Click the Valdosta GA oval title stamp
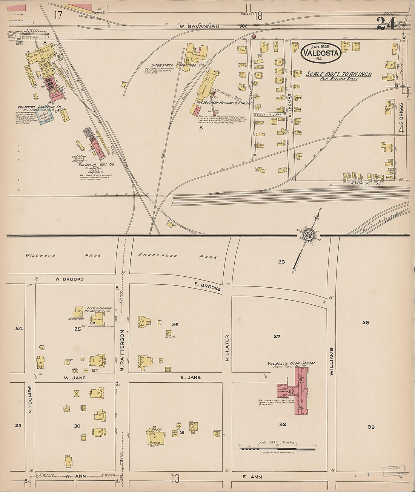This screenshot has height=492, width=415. tap(321, 52)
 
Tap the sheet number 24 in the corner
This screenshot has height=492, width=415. tap(385, 24)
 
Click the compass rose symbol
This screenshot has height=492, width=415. tap(308, 235)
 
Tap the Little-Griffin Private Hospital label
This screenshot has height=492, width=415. tap(99, 310)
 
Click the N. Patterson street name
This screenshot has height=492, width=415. tap(122, 350)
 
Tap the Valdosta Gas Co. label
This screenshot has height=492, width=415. tap(97, 165)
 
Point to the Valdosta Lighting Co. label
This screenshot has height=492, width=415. tap(39, 107)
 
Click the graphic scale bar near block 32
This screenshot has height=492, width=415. tap(277, 448)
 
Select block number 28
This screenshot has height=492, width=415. tap(365, 322)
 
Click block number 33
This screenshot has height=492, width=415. tap(371, 427)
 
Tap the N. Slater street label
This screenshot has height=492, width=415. tap(227, 348)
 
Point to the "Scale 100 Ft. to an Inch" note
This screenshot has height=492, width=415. tap(339, 74)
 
